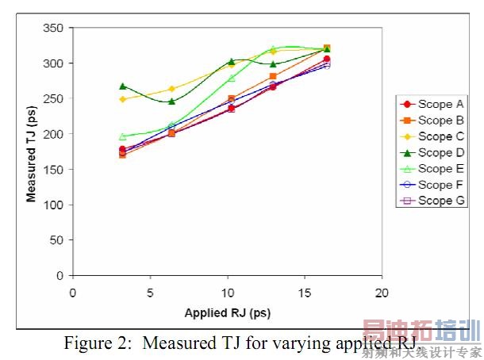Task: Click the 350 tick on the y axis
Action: click(53, 28)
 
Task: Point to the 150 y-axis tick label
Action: click(53, 170)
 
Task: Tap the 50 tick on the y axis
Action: click(56, 240)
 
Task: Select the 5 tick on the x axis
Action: click(150, 291)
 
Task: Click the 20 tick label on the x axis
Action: click(382, 291)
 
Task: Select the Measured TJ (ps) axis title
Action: click(32, 151)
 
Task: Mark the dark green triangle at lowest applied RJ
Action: click(122, 86)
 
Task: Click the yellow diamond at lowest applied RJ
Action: click(122, 99)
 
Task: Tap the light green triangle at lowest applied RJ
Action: click(122, 136)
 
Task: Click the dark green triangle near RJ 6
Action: click(171, 101)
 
